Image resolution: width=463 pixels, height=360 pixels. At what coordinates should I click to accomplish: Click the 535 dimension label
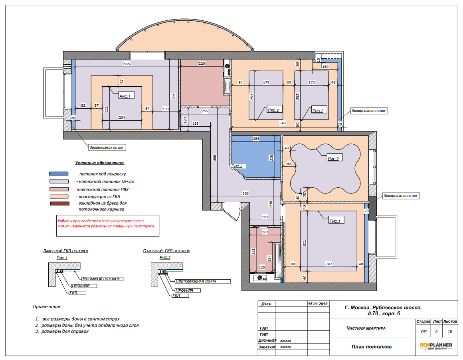[127, 64]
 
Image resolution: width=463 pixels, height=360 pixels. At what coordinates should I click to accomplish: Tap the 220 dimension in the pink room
[202, 63]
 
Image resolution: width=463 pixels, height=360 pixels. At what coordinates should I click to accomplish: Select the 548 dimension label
[283, 123]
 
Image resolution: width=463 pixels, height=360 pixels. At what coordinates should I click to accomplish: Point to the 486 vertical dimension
[215, 158]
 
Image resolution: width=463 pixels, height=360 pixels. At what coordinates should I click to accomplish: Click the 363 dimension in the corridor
[246, 193]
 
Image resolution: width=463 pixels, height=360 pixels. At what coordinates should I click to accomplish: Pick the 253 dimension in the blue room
[256, 139]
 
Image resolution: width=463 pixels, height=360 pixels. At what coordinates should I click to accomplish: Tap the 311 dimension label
[305, 243]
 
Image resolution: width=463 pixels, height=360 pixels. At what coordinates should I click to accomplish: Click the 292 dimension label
[328, 264]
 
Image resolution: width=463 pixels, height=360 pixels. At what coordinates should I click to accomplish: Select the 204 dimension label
[122, 117]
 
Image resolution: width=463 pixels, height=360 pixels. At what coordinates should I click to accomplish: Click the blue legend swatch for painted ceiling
[59, 174]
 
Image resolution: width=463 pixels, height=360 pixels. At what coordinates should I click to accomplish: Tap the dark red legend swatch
[59, 203]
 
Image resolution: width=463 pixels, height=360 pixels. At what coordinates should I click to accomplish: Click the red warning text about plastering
[106, 223]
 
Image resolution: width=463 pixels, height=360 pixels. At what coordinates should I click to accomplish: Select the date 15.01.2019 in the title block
[318, 304]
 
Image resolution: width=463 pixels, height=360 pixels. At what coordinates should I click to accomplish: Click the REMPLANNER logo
[436, 346]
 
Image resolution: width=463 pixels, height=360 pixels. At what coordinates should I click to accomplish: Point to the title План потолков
[372, 347]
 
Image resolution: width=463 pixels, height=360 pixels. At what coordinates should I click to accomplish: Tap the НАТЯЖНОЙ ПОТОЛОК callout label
[101, 279]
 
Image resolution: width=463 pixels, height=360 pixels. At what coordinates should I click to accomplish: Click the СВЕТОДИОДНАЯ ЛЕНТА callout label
[196, 281]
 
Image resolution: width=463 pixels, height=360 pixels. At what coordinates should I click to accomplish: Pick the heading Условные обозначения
[100, 163]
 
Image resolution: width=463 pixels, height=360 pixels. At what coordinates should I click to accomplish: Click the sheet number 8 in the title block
[436, 332]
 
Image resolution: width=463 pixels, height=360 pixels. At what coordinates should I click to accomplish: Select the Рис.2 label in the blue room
[237, 166]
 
